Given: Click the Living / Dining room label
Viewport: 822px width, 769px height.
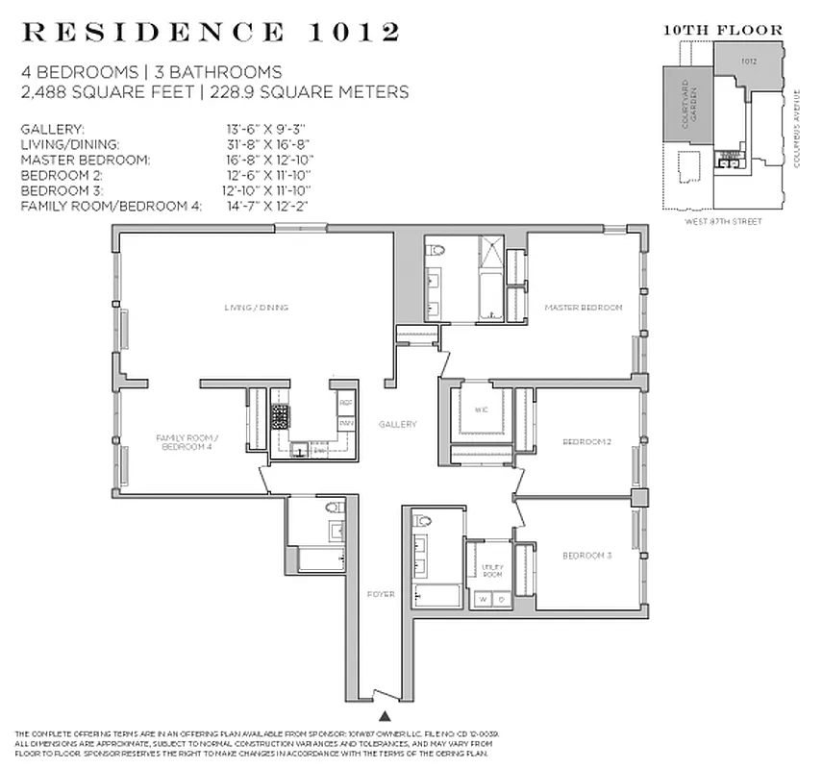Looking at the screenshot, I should (257, 308).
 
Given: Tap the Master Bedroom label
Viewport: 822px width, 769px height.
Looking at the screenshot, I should (584, 308).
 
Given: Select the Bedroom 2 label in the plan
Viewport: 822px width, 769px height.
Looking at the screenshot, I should (586, 441).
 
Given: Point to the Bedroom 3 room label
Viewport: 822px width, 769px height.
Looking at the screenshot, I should (586, 556).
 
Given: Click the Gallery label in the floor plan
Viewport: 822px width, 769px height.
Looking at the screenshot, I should (397, 424).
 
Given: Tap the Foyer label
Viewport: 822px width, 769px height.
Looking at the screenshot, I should (381, 594).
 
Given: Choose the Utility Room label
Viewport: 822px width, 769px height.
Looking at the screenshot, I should (492, 569).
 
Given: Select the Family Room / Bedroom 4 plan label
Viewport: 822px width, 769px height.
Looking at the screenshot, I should (182, 442).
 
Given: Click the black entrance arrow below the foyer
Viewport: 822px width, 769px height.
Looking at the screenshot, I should (386, 715).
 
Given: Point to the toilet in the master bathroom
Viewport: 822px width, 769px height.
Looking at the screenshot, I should (438, 251).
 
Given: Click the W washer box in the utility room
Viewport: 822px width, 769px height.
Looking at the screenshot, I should (483, 598).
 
